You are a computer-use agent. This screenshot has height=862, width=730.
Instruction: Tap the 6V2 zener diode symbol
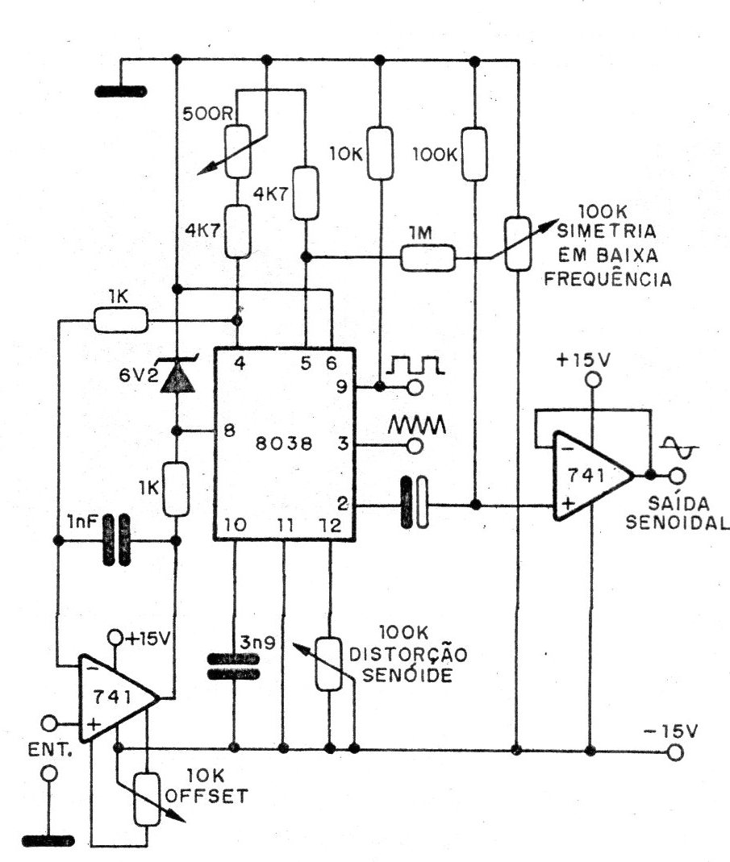click(x=177, y=377)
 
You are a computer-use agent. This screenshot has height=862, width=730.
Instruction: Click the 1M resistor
click(x=428, y=258)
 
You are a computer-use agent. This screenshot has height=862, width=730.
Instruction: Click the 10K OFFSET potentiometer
click(x=147, y=798)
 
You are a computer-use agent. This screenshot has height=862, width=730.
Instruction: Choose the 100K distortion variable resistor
click(x=327, y=664)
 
